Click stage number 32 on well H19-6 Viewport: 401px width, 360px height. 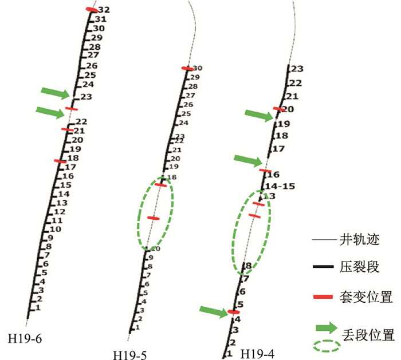point(104,10)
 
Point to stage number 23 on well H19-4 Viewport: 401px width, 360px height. point(296,69)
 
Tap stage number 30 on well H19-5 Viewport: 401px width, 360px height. point(198,69)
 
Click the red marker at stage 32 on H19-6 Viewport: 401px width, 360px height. point(92,10)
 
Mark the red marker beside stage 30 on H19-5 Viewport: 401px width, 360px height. point(187,69)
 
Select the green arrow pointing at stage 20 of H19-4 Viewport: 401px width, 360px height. point(258,115)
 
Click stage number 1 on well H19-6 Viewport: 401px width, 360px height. point(38,308)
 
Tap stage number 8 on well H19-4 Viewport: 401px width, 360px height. point(248,266)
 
